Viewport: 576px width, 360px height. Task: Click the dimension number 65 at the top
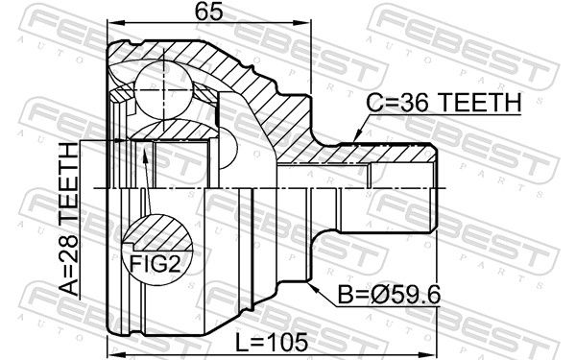point(208,12)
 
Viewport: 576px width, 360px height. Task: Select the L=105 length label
point(271,343)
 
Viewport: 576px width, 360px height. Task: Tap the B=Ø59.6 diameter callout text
point(389,295)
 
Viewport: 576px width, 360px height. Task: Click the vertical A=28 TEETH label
point(69,219)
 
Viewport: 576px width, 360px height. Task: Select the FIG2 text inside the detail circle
point(156,264)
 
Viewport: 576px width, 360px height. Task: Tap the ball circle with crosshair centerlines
point(163,88)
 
